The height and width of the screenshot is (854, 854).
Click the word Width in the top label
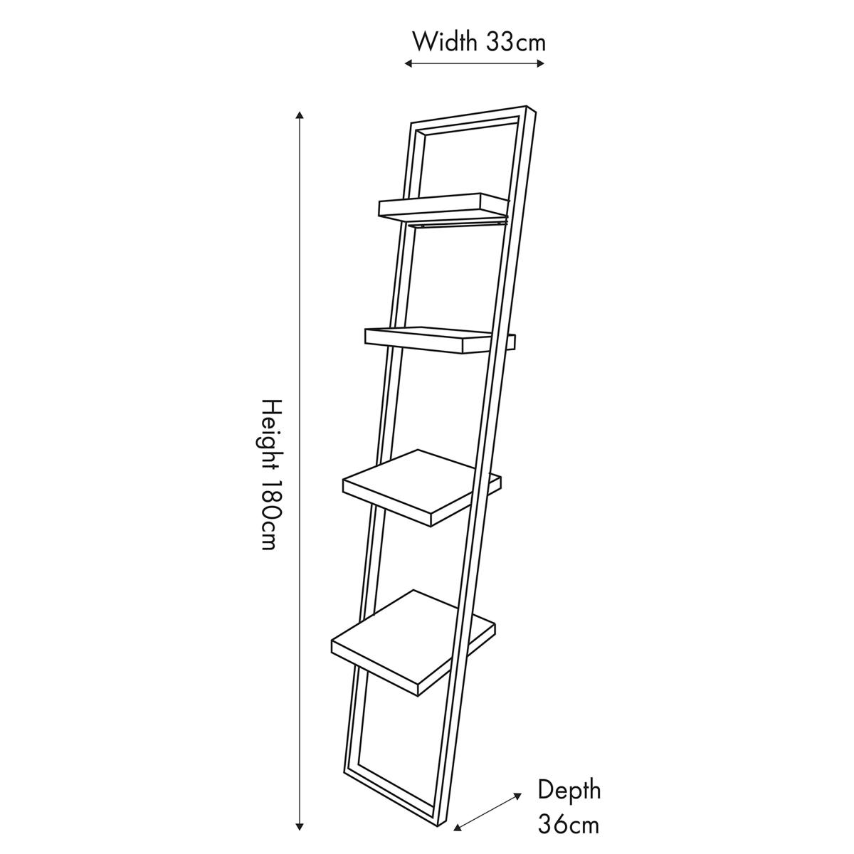coord(445,43)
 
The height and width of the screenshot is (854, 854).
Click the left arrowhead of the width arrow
coord(408,64)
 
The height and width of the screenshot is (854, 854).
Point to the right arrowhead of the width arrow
coord(540,64)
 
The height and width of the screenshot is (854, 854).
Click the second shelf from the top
coord(440,340)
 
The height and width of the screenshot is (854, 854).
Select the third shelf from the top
coord(422,488)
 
